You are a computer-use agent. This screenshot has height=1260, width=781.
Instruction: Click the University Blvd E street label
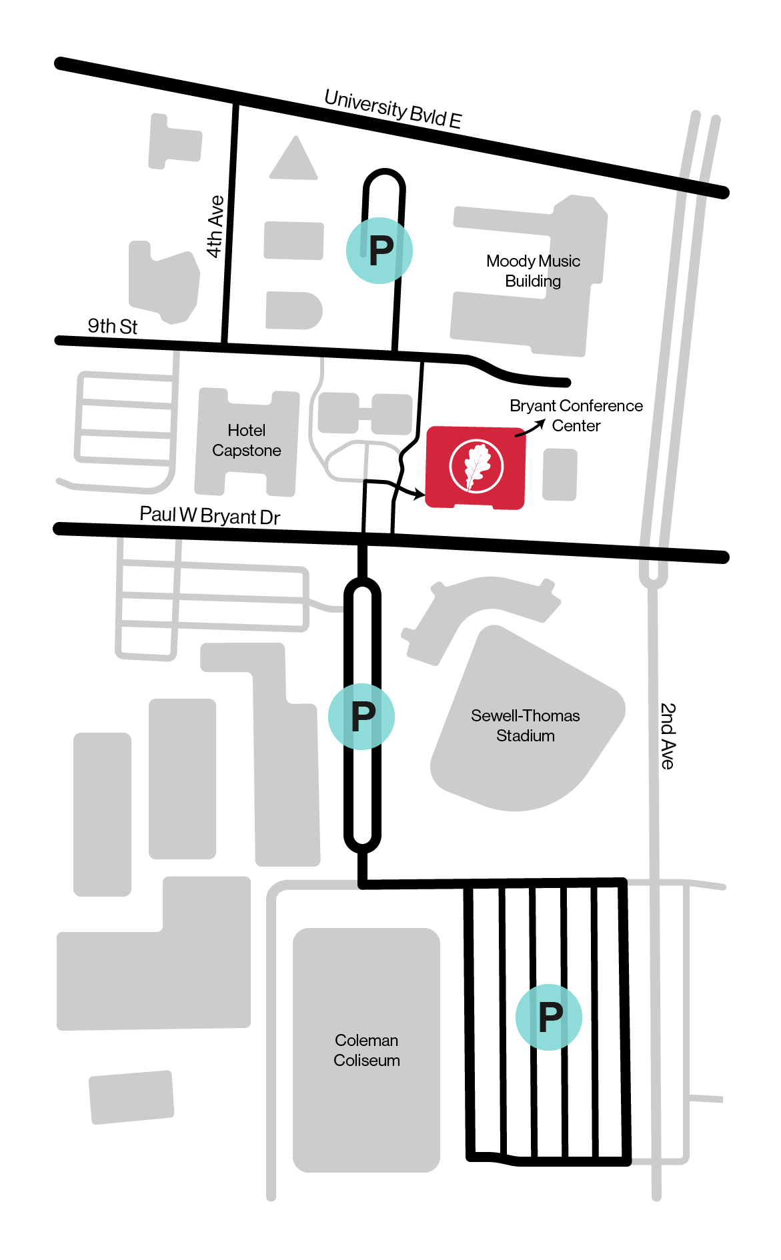click(x=393, y=109)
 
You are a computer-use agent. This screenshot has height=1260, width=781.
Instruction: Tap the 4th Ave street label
click(x=215, y=227)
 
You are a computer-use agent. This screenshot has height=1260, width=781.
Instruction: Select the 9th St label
click(x=112, y=326)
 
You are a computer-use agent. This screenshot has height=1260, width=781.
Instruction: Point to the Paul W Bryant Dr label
click(x=209, y=515)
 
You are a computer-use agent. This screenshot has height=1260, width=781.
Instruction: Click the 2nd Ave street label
click(x=668, y=735)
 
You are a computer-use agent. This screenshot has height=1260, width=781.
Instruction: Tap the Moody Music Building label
click(x=533, y=271)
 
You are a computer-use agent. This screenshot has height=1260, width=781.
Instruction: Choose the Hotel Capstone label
click(x=246, y=440)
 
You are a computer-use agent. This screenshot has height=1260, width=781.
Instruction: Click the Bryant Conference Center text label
click(x=576, y=415)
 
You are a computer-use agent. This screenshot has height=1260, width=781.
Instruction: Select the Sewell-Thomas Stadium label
click(x=525, y=725)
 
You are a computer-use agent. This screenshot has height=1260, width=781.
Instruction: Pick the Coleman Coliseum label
click(x=366, y=1050)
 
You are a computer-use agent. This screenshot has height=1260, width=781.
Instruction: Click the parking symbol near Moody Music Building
click(x=379, y=251)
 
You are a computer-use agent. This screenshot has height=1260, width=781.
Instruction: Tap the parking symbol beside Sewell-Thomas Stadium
click(x=361, y=717)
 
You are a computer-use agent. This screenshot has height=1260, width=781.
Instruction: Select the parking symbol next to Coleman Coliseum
click(x=549, y=1017)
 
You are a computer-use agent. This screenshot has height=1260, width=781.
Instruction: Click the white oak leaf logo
click(x=476, y=466)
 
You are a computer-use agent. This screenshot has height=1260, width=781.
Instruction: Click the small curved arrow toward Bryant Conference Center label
click(x=531, y=429)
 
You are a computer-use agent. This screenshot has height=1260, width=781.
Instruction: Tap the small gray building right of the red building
click(x=560, y=474)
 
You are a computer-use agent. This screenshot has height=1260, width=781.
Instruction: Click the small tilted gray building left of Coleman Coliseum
click(x=132, y=1097)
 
